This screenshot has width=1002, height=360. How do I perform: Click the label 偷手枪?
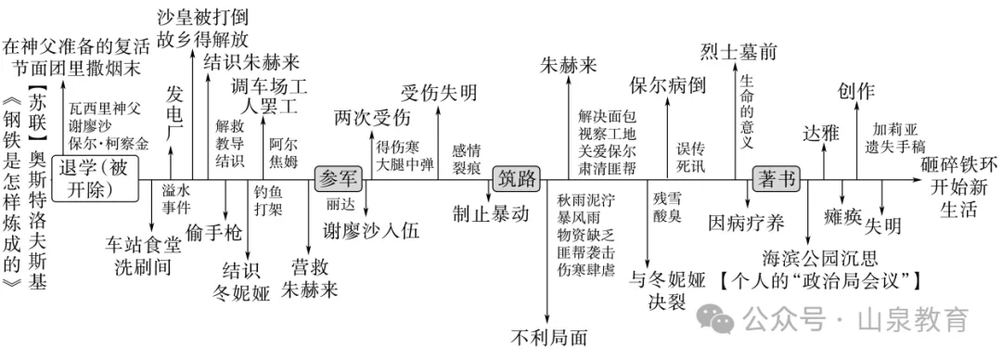click(x=214, y=232)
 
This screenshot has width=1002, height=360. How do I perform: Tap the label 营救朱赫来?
click(x=309, y=276)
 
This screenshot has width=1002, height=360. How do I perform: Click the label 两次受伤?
click(x=372, y=119)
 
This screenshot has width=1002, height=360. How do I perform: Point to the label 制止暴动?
click(x=492, y=213)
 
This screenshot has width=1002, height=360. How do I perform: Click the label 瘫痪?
click(x=843, y=217)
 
